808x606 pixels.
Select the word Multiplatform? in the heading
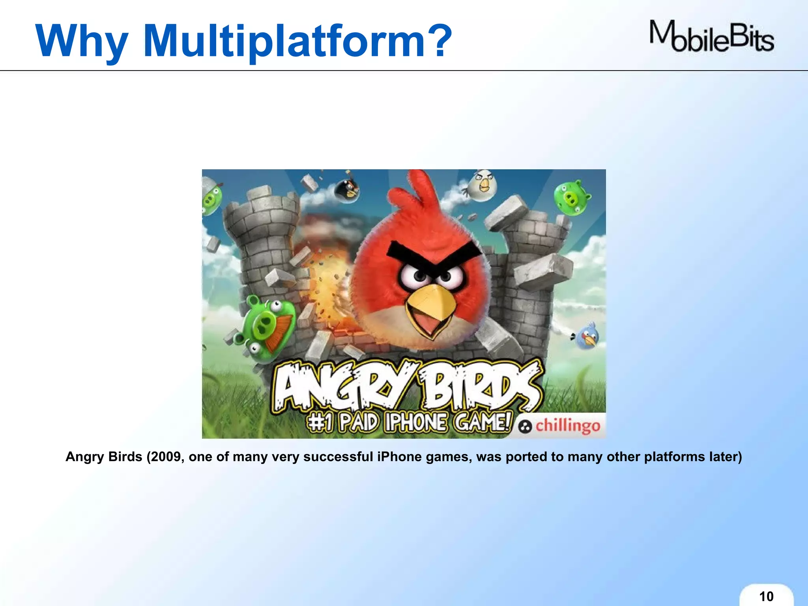298,41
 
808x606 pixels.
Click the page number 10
766,596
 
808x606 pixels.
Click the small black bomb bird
347,189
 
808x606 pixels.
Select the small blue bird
587,336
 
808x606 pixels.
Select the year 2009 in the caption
166,456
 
